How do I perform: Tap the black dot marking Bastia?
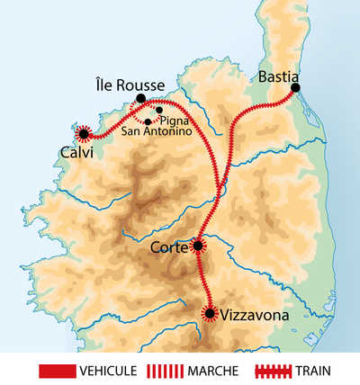[x=295, y=88]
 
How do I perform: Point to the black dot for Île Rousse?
[x=140, y=99]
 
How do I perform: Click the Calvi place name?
[x=76, y=152]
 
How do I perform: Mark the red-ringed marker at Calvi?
[x=84, y=134]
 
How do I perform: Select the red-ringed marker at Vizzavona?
[x=211, y=313]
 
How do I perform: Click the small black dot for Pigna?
[x=159, y=111]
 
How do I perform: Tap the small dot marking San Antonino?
[x=148, y=121]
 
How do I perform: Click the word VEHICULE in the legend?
[x=109, y=370]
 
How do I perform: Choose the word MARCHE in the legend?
[x=214, y=370]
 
